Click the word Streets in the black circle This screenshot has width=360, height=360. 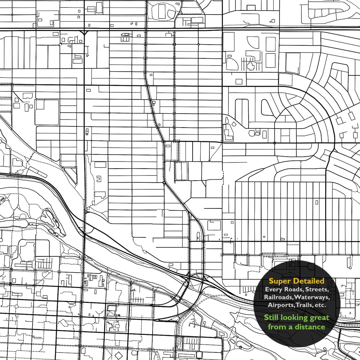(x=318, y=289)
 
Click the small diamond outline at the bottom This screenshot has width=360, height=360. (x=118, y=356)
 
